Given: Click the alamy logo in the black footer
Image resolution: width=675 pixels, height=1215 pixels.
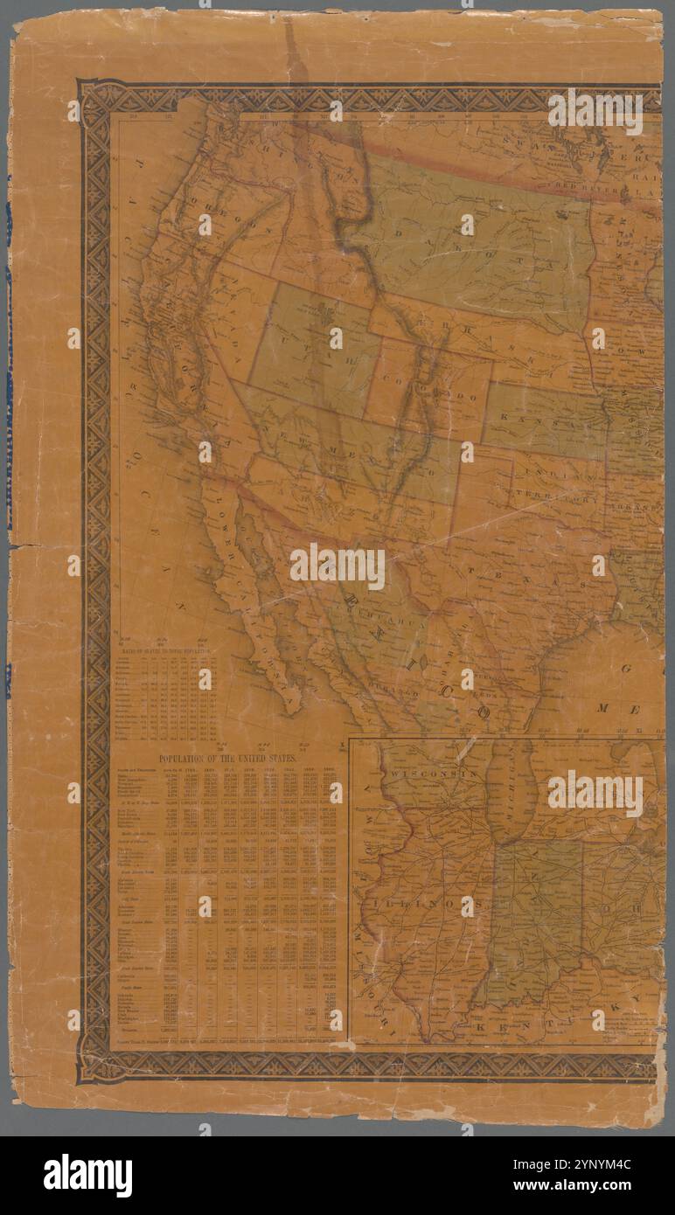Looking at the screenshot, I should pyautogui.click(x=87, y=1175).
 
